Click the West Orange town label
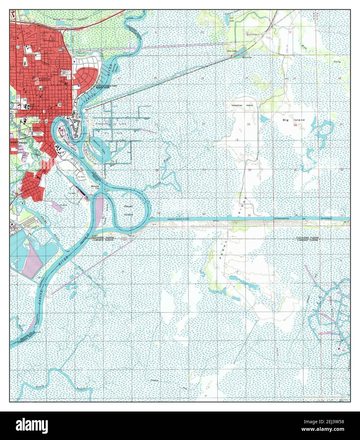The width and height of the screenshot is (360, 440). (x=18, y=143)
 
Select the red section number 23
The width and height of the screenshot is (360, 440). (x=249, y=124)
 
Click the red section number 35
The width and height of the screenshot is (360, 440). (x=249, y=216)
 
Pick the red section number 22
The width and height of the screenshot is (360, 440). (x=204, y=124)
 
